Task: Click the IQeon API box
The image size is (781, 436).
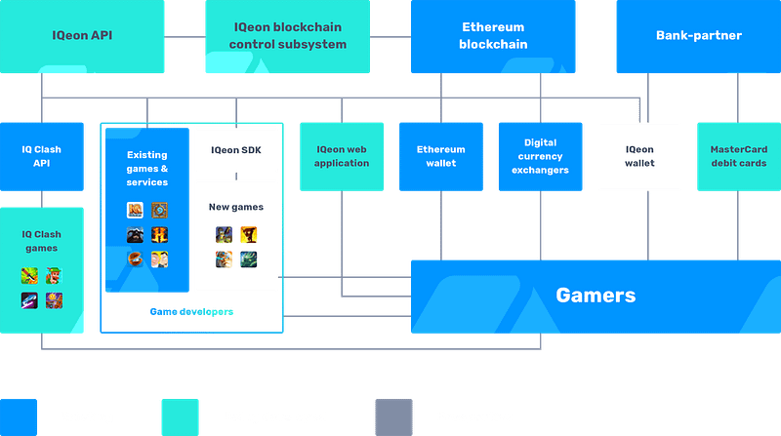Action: click(82, 36)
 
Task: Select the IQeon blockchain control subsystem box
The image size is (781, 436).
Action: click(287, 36)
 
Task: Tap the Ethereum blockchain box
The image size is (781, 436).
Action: click(493, 36)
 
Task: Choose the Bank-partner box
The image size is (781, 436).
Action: click(699, 36)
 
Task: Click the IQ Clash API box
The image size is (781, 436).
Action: click(42, 156)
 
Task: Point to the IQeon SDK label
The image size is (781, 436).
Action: click(236, 150)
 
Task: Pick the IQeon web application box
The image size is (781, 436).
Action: click(342, 156)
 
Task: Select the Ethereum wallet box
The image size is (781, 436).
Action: click(441, 156)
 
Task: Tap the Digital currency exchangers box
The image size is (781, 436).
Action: click(541, 156)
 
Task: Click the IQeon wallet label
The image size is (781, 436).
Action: click(639, 156)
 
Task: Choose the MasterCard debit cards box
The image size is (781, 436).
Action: click(739, 156)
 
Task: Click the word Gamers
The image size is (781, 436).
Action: click(596, 296)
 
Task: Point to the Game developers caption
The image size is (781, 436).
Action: click(191, 312)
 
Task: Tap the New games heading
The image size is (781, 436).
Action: click(236, 207)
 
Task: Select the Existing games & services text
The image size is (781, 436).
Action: click(147, 169)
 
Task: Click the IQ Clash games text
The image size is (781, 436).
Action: click(41, 241)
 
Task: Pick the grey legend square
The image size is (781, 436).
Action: click(394, 417)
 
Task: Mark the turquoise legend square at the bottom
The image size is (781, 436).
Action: click(181, 417)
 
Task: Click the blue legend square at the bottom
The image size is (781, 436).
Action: click(19, 417)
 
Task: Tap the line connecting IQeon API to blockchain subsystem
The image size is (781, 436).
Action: click(185, 36)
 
